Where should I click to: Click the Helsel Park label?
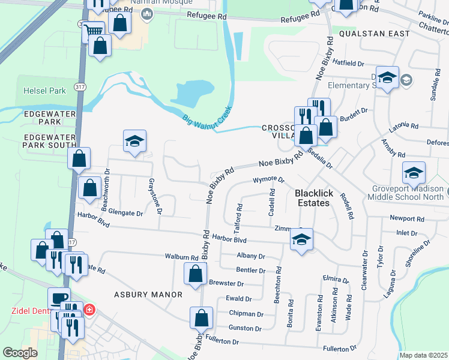(x=44, y=91)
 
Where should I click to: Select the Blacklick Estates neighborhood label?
(x=312, y=198)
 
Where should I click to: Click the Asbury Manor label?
(x=148, y=295)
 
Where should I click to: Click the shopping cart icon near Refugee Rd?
(x=93, y=31)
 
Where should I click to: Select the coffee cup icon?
(x=59, y=298)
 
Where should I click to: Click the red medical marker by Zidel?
(x=89, y=310)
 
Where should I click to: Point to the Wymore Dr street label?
(x=268, y=179)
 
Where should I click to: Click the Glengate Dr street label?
(x=122, y=213)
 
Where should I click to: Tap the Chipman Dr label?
(x=246, y=313)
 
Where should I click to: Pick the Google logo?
(x=20, y=353)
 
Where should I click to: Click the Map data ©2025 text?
(x=423, y=355)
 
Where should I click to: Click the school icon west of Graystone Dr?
(x=134, y=142)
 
